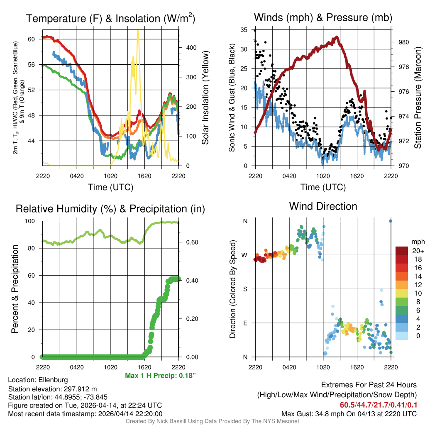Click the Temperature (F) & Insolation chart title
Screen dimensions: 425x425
(110, 18)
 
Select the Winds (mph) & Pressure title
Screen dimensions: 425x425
(323, 17)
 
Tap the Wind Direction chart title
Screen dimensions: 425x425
(323, 206)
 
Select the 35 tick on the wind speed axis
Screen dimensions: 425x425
(244, 30)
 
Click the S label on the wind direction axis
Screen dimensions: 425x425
(245, 289)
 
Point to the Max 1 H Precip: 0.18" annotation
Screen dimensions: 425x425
(160, 376)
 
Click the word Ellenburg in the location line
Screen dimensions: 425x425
(53, 380)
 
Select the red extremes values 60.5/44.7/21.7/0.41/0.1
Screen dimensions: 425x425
(379, 405)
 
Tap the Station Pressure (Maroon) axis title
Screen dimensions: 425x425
(418, 98)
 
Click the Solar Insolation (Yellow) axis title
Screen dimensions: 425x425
(205, 98)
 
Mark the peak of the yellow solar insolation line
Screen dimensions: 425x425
(138, 30)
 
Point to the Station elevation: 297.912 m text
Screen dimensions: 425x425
(52, 389)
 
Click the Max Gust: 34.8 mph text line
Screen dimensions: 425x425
(349, 413)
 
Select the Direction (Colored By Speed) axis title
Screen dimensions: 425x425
(232, 289)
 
